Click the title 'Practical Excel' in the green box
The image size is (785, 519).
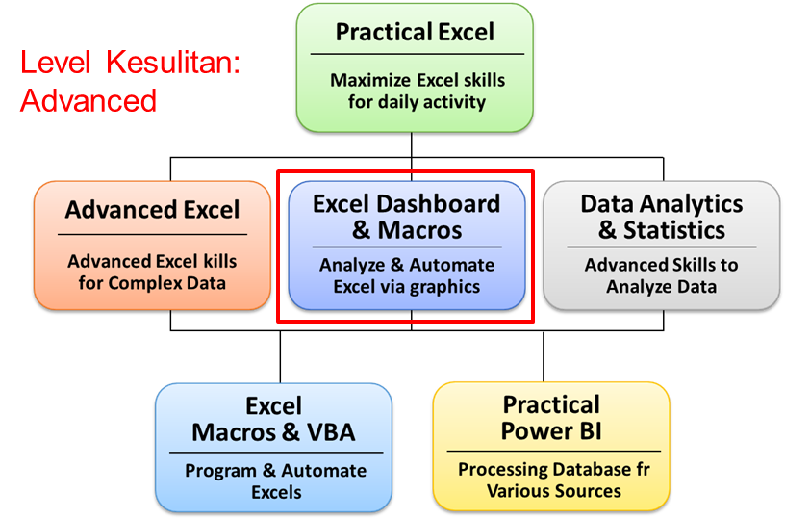point(415,32)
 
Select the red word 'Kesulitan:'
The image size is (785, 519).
point(174,63)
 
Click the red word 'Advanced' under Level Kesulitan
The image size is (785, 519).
point(89,100)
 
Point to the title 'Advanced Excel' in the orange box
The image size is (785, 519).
point(152,209)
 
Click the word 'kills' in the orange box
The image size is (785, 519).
point(219,261)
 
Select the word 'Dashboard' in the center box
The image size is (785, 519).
point(438,204)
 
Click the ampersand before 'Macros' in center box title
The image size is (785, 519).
point(361,230)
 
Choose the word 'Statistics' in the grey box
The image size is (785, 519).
point(673,230)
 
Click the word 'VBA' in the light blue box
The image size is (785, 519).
point(331,432)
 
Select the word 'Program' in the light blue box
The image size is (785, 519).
point(221,472)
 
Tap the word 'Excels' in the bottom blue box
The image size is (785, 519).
point(276,492)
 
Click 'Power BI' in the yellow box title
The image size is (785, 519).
point(551,430)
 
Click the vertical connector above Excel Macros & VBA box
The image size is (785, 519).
point(280,356)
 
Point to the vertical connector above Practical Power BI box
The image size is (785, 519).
point(544,356)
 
